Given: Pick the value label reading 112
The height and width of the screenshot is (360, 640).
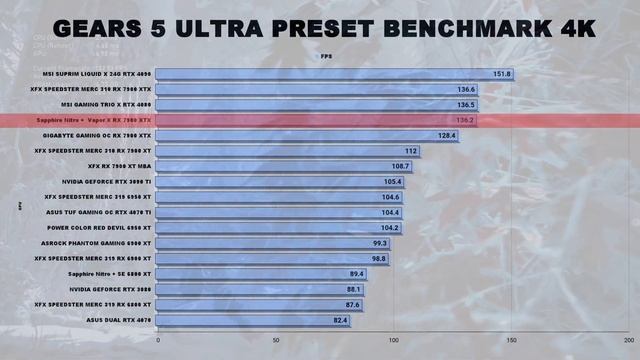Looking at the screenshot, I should (411, 151).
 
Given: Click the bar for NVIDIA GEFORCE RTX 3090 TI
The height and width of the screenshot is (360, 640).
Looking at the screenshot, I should (281, 182).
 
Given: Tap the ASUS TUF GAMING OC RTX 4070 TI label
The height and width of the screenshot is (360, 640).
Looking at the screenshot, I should (100, 212).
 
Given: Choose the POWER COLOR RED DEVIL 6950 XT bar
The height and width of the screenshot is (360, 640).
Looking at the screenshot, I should (280, 228).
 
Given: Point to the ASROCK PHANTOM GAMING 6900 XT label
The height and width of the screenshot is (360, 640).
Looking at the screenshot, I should (102, 243).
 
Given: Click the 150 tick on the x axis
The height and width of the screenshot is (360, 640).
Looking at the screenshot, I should (511, 340).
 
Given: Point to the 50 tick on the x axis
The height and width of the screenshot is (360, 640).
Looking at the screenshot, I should (276, 340).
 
